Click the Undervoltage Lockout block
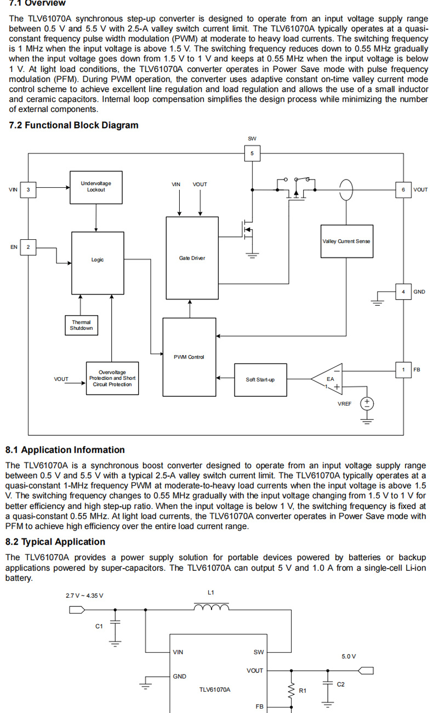pyautogui.click(x=95, y=187)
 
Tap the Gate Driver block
pyautogui.click(x=192, y=258)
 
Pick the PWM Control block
pyautogui.click(x=189, y=357)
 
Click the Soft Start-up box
pyautogui.click(x=260, y=379)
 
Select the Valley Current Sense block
pyautogui.click(x=346, y=242)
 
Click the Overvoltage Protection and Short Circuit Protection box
pyautogui.click(x=112, y=378)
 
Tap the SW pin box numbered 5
pyautogui.click(x=252, y=153)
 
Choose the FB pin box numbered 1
pyautogui.click(x=403, y=369)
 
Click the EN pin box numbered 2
pyautogui.click(x=29, y=247)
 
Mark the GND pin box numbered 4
pyautogui.click(x=403, y=291)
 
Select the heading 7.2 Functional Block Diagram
pyautogui.click(x=74, y=125)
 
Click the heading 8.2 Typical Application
pyautogui.click(x=55, y=542)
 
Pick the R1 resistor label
pyautogui.click(x=303, y=690)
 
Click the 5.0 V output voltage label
pyautogui.click(x=349, y=656)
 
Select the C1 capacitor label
pyautogui.click(x=99, y=626)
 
